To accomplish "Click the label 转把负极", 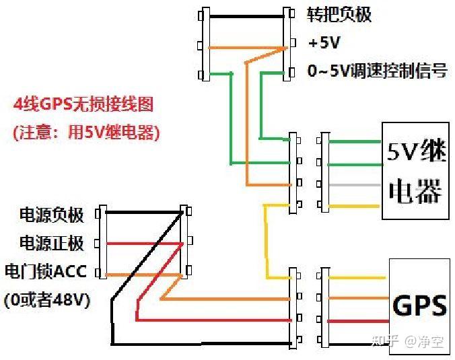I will [339, 14].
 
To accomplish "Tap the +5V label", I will [324, 42].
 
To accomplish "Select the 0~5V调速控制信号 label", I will [377, 71].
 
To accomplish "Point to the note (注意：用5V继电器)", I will [86, 133].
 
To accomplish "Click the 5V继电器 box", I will [415, 171].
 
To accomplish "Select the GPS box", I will [419, 305].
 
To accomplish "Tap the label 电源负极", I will [52, 215].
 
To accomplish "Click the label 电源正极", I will [52, 243].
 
